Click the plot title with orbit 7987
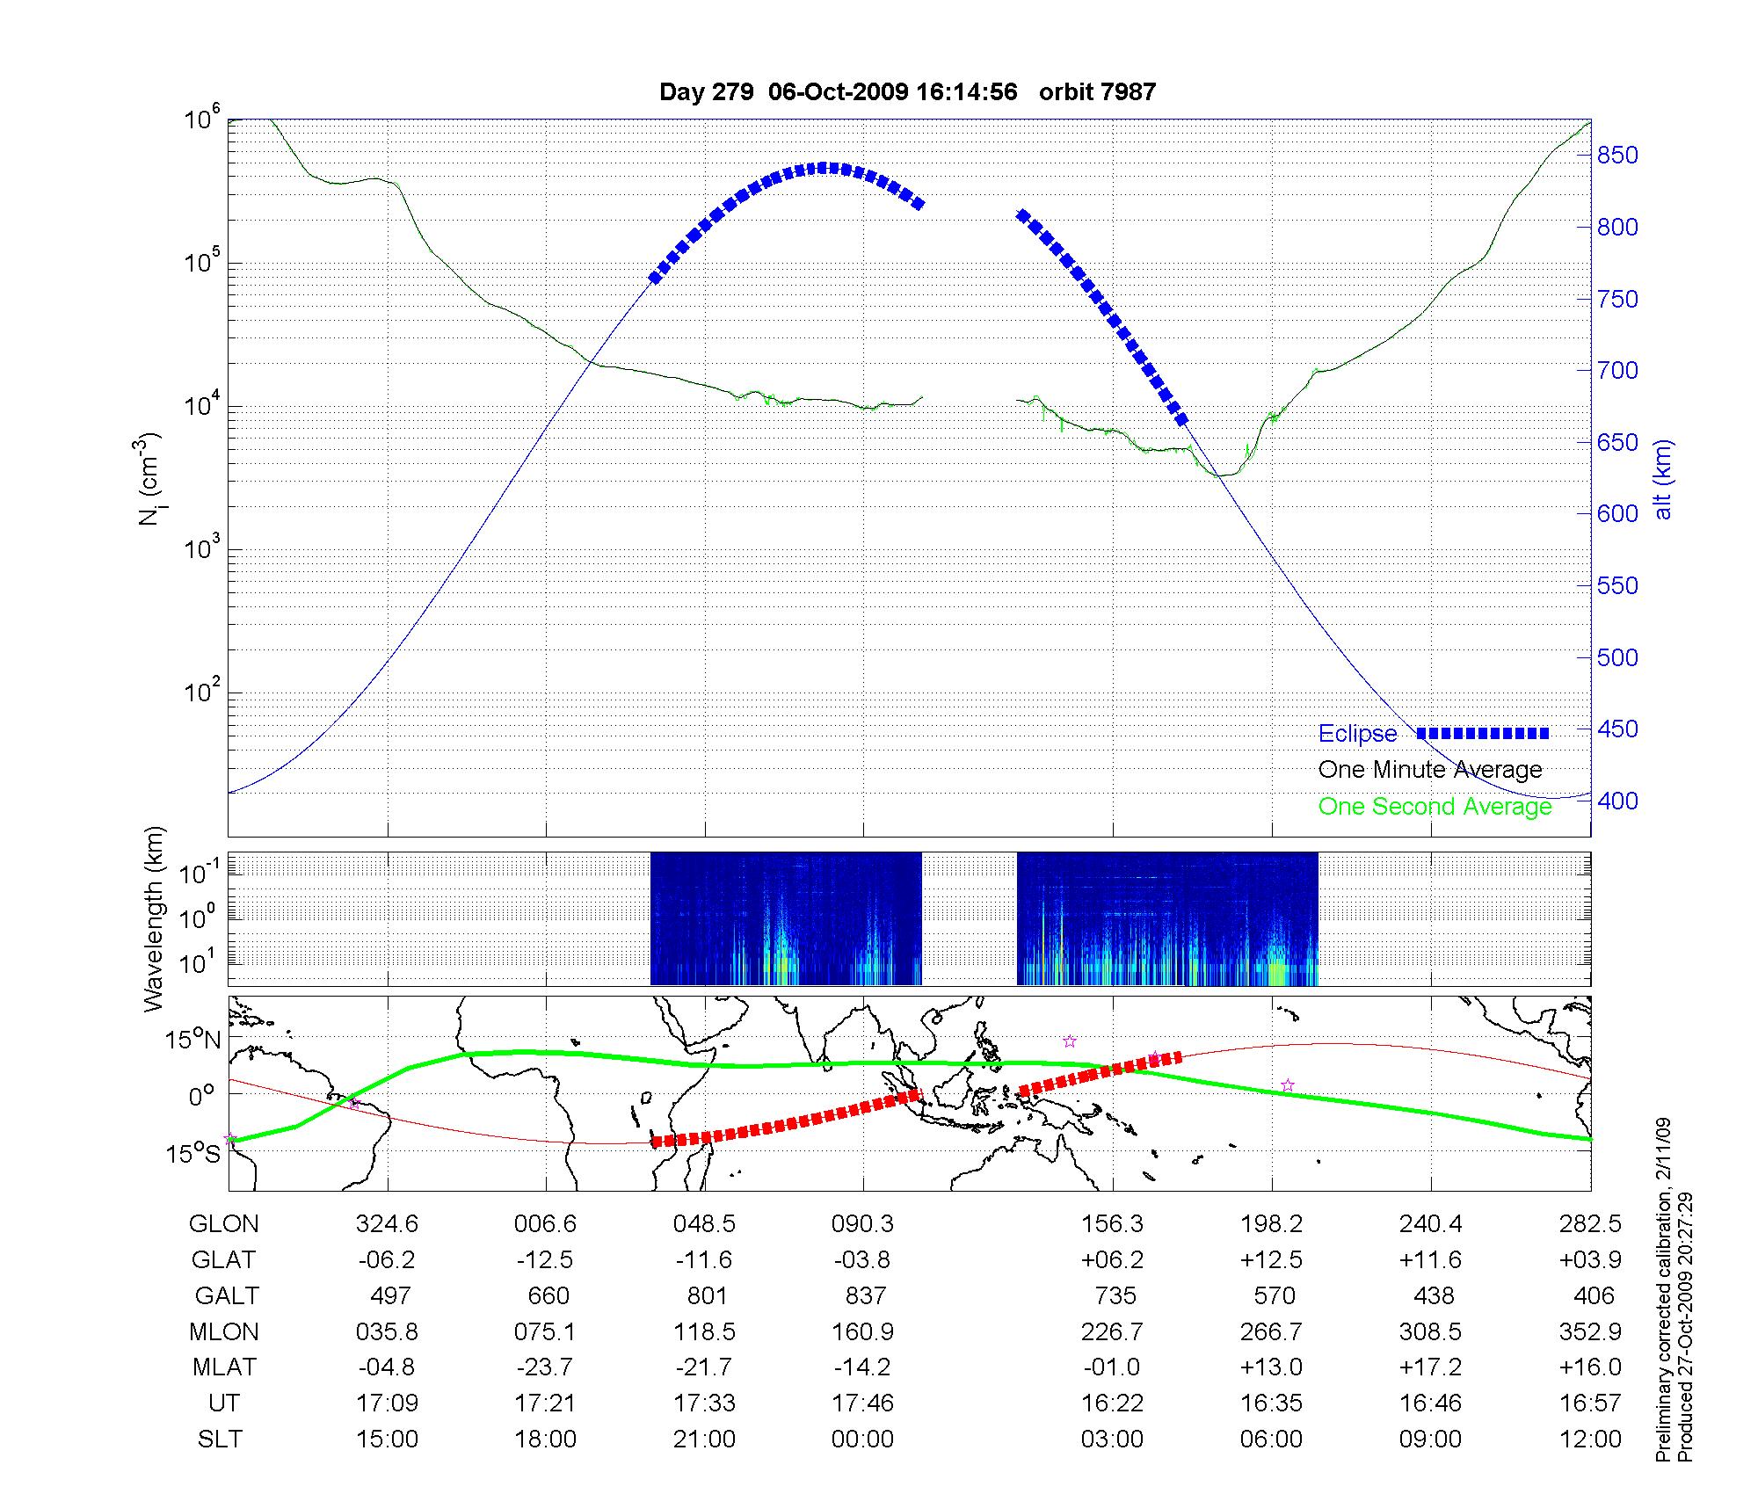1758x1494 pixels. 907,91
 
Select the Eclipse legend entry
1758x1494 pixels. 1357,733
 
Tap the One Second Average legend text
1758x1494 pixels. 1435,806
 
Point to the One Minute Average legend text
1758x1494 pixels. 1430,770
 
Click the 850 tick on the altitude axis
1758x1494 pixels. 1617,156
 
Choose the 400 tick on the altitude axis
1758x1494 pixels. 1617,801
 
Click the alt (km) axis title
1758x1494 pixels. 1663,480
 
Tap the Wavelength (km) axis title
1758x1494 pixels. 155,918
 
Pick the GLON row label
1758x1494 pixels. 224,1224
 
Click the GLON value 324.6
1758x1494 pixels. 387,1224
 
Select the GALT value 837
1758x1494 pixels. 863,1296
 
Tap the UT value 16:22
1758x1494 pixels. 1112,1403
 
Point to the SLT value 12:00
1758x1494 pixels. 1593,1440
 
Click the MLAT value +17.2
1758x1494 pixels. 1430,1367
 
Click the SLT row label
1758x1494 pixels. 220,1440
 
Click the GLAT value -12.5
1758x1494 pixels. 545,1260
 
